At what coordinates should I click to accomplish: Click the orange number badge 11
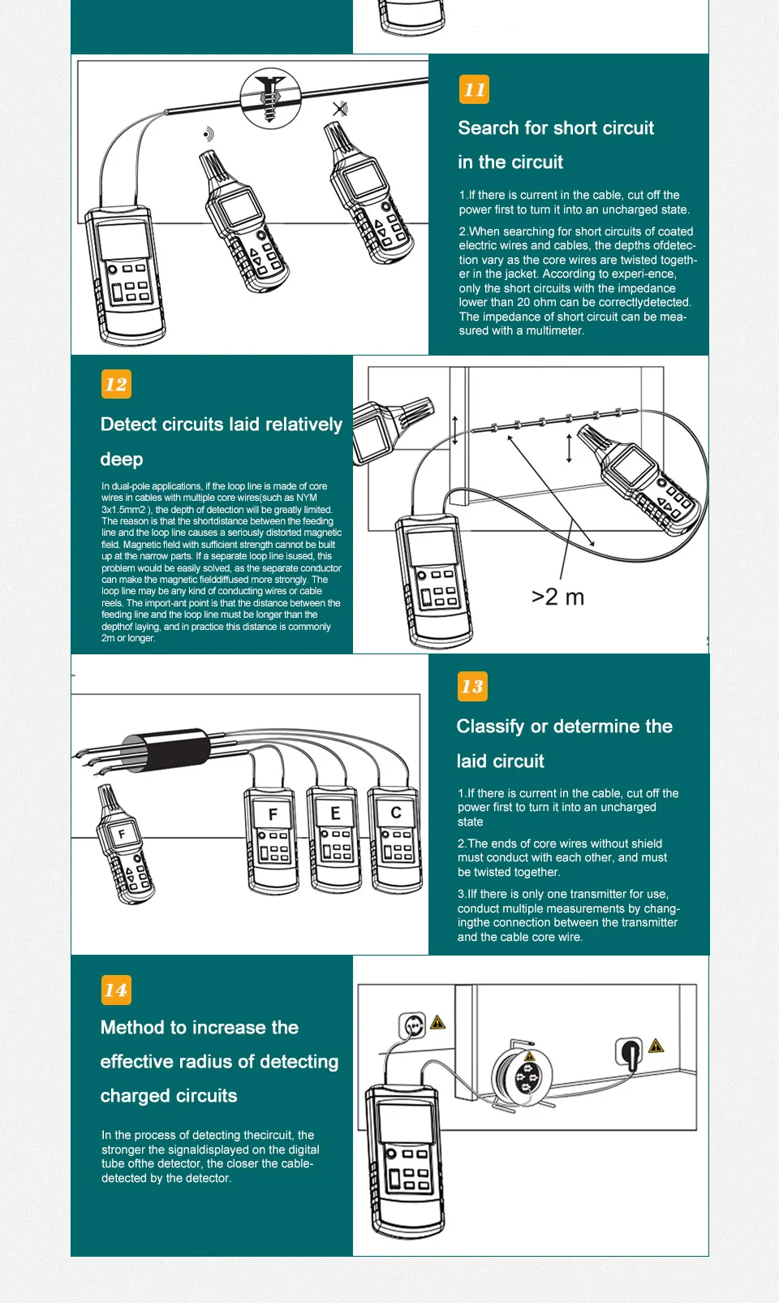[x=474, y=90]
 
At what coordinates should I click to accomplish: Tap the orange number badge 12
[x=116, y=384]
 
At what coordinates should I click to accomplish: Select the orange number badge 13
[x=472, y=687]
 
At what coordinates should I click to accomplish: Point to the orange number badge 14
[x=116, y=990]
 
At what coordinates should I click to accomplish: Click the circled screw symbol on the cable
[x=270, y=97]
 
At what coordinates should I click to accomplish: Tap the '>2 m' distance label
[x=557, y=598]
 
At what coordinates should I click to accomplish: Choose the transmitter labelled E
[x=334, y=840]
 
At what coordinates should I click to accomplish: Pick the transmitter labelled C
[x=395, y=839]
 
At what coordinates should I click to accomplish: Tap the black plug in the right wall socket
[x=628, y=1053]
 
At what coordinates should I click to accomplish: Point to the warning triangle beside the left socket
[x=438, y=1022]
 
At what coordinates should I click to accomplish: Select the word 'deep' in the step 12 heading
[x=122, y=460]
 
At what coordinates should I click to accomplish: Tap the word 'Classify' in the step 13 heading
[x=490, y=727]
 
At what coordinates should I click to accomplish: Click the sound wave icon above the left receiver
[x=209, y=134]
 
